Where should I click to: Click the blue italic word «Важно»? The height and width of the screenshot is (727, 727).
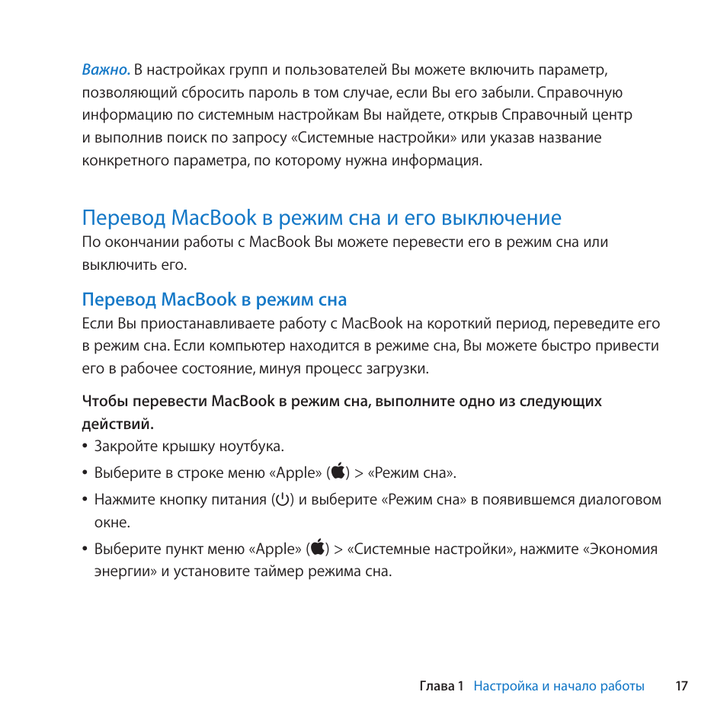tap(105, 70)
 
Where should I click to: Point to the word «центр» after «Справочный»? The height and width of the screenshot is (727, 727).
tap(614, 115)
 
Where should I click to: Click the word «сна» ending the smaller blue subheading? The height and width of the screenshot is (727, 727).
tap(332, 299)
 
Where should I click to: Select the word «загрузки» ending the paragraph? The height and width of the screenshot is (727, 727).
tap(401, 369)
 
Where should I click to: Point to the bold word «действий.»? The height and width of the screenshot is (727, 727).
tap(118, 424)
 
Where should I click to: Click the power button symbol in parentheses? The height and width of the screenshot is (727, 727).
tap(283, 500)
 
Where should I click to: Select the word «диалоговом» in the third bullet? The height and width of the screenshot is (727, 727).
tap(620, 500)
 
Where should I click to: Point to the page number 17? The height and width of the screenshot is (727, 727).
tap(681, 686)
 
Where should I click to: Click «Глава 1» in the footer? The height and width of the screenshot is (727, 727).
tap(441, 686)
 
